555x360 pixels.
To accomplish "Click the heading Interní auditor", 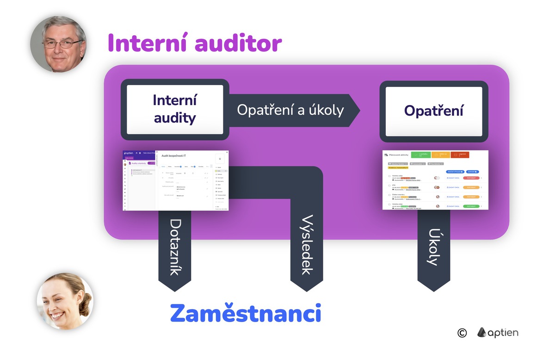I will click(x=195, y=43).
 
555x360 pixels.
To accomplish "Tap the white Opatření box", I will click(x=433, y=111).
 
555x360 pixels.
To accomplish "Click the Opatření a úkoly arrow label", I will click(x=290, y=110).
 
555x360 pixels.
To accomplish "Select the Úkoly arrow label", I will click(x=433, y=247).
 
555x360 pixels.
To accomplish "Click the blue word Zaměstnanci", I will click(x=245, y=313).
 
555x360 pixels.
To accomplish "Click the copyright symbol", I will click(x=462, y=333).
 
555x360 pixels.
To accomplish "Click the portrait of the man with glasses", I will click(x=58, y=44).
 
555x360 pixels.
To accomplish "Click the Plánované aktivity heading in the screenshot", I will click(x=398, y=155).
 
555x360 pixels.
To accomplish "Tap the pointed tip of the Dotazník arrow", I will click(x=174, y=289).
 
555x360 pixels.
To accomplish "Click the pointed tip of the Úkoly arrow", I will click(x=433, y=289).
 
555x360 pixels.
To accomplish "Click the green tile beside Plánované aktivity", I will click(x=421, y=155).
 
